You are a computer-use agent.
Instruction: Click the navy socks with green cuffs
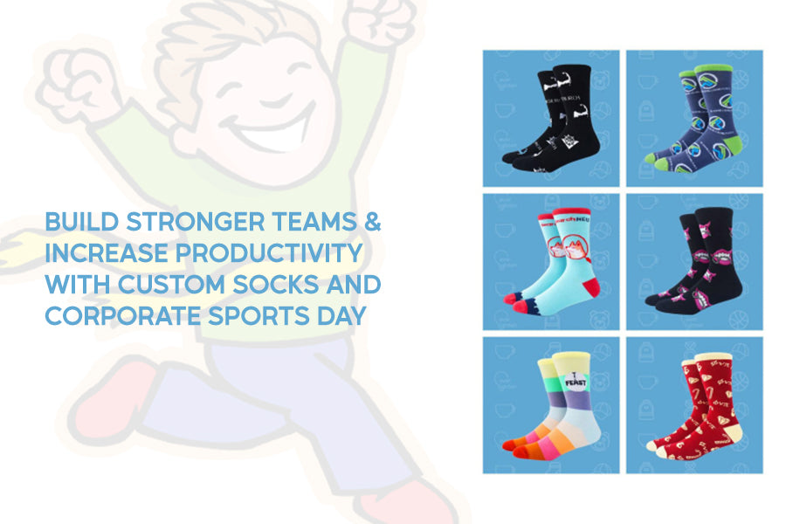coord(694,118)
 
